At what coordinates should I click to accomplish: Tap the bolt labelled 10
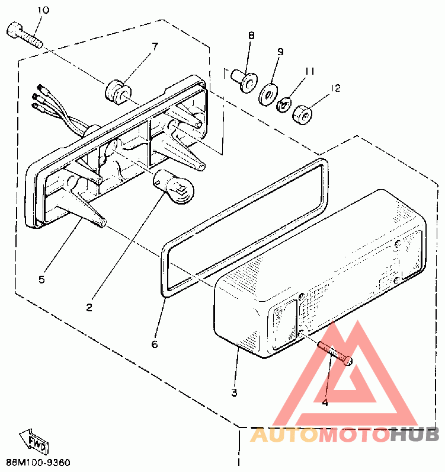[x=24, y=34]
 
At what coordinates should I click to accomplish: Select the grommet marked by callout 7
[x=117, y=92]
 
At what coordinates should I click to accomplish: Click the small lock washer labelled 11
[x=284, y=104]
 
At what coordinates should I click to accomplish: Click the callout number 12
[x=336, y=88]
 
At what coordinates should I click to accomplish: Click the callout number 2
[x=89, y=307]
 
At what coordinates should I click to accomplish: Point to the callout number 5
[x=41, y=279]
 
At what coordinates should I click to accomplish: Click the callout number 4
[x=325, y=403]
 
